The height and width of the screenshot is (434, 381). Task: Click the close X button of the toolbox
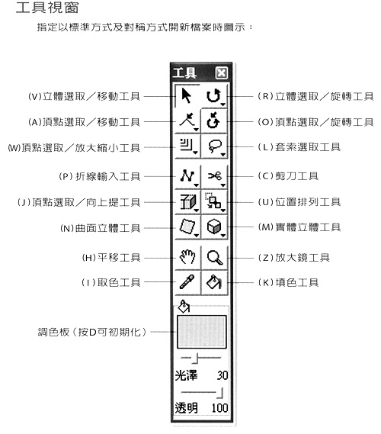[222, 73]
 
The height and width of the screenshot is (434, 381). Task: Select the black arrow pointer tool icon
[187, 96]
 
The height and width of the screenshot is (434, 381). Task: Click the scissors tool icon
[215, 175]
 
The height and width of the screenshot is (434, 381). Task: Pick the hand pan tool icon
[187, 256]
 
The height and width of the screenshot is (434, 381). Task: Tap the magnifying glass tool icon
[215, 257]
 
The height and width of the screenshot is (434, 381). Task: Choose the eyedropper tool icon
[187, 281]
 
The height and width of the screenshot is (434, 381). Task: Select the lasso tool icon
[215, 146]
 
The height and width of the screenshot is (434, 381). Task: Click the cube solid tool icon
[214, 227]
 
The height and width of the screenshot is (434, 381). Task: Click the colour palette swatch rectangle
[202, 332]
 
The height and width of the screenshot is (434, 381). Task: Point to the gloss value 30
[223, 375]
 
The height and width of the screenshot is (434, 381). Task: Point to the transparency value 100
[219, 408]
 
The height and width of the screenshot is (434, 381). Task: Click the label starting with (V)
[84, 96]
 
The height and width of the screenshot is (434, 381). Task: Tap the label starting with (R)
[315, 96]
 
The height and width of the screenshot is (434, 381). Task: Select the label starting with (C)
[288, 176]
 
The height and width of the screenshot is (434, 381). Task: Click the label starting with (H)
[111, 258]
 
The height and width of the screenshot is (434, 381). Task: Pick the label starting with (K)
[288, 283]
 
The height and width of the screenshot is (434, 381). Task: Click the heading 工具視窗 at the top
[47, 8]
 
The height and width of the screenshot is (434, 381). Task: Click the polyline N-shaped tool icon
[187, 175]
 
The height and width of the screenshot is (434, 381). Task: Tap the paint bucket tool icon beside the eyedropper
[213, 281]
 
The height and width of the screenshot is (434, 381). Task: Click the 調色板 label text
[53, 332]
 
